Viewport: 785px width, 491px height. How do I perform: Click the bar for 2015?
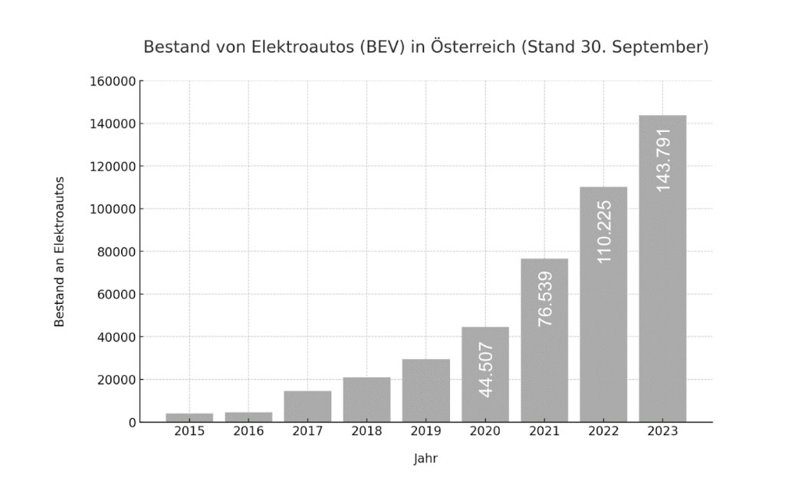189,417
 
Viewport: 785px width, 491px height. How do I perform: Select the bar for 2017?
307,407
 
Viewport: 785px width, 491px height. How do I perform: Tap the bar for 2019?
425,390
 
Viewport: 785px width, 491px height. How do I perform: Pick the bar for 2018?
366,400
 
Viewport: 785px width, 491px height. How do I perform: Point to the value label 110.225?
604,231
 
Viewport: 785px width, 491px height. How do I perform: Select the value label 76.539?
545,298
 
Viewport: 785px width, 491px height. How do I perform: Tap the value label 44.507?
486,369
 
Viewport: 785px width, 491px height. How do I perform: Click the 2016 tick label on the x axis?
248,432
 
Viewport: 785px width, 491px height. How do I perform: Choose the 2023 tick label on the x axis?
662,432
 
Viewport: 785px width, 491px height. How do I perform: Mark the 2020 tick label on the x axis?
484,432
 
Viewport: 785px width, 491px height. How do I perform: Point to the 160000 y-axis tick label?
113,81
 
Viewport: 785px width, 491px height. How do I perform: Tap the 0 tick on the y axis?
133,422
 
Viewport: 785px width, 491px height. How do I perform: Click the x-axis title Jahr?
425,459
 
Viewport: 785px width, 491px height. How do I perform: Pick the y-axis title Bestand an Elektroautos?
59,252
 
